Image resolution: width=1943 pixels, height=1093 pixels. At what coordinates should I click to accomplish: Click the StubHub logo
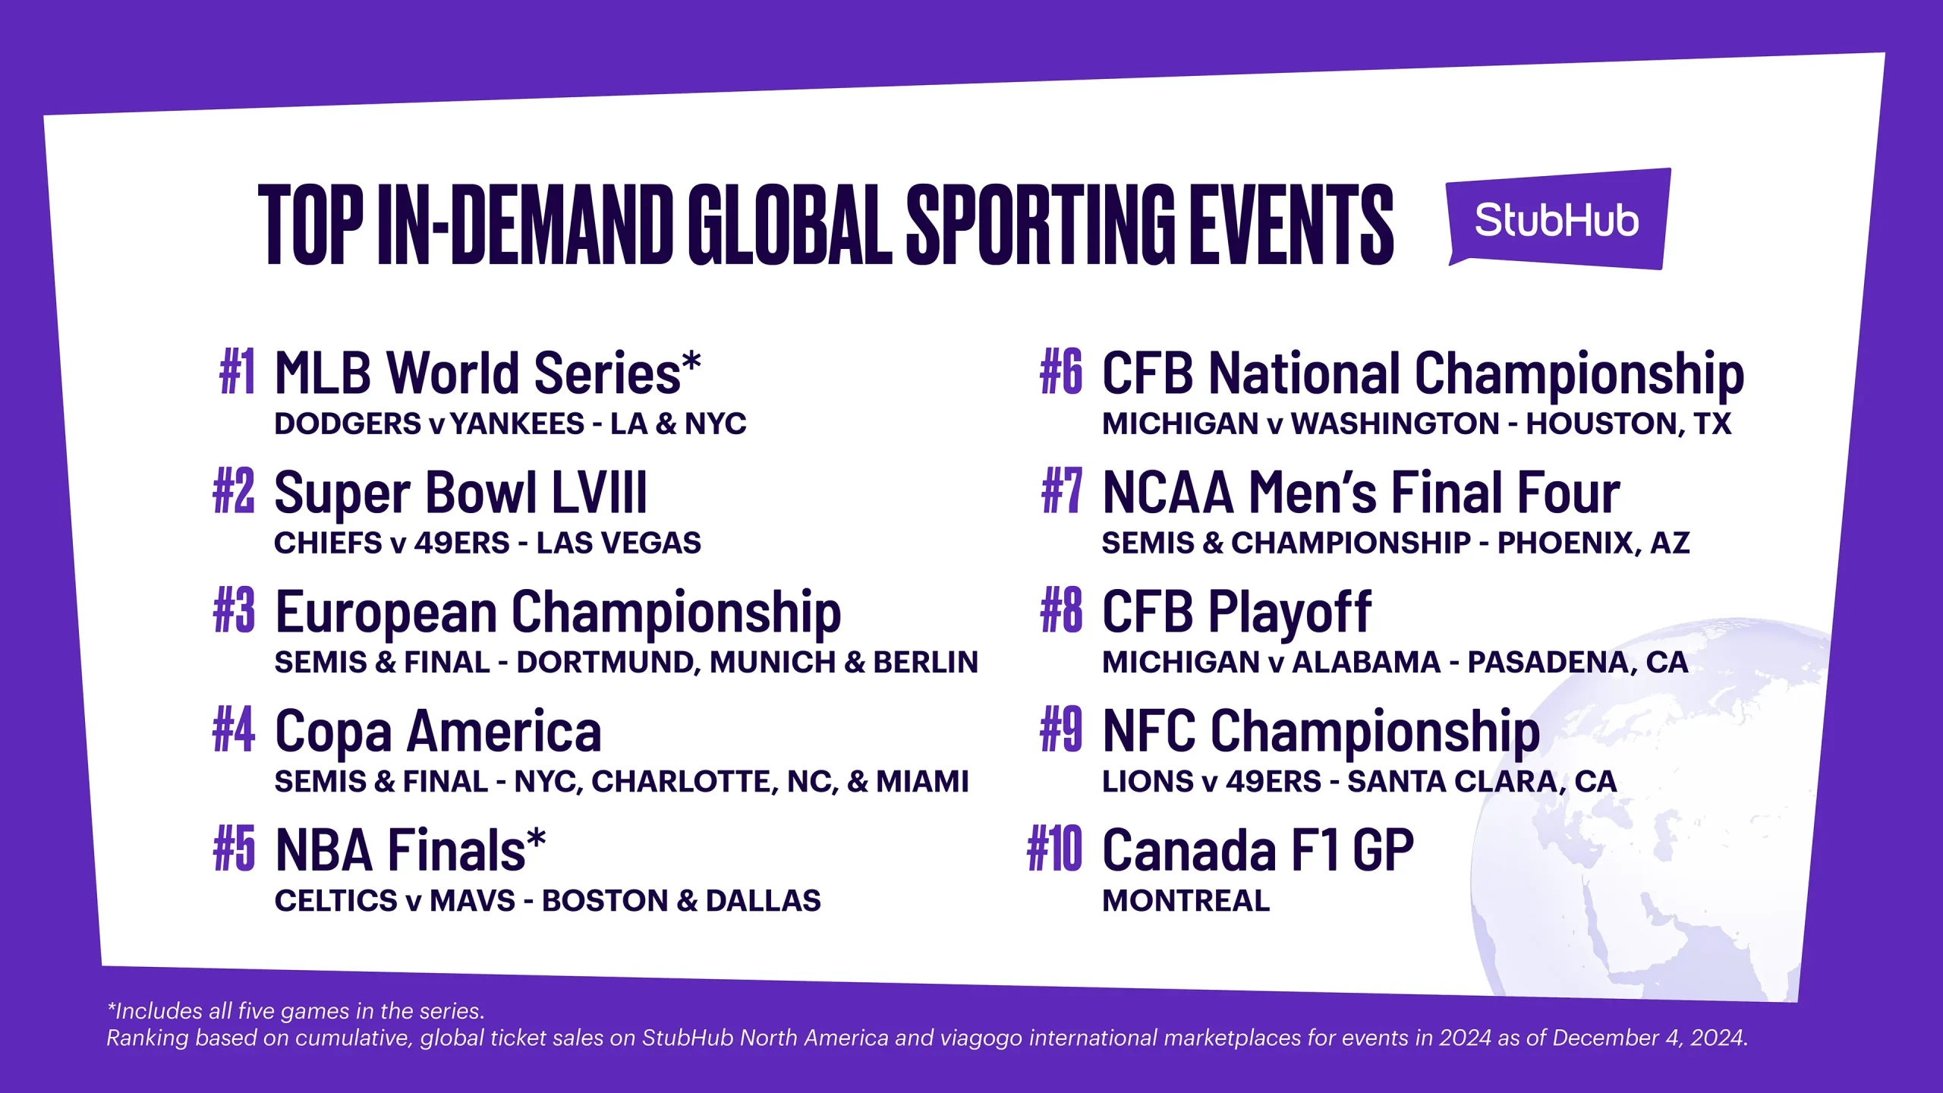pyautogui.click(x=1558, y=219)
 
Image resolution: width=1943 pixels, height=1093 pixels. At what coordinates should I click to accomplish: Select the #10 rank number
pyautogui.click(x=1054, y=849)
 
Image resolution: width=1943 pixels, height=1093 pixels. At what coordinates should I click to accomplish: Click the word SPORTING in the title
pyautogui.click(x=1041, y=225)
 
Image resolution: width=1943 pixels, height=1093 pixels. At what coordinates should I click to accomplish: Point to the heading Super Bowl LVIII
pyautogui.click(x=461, y=493)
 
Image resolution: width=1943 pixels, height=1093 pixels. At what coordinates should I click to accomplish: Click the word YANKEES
pyautogui.click(x=517, y=424)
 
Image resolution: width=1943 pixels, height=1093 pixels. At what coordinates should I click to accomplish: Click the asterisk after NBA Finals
pyautogui.click(x=536, y=839)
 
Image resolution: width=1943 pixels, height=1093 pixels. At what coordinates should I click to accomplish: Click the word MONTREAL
pyautogui.click(x=1186, y=901)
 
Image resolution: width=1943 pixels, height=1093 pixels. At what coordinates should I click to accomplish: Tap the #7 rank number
pyautogui.click(x=1062, y=491)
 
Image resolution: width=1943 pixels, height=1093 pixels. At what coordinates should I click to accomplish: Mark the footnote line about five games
pyautogui.click(x=295, y=1012)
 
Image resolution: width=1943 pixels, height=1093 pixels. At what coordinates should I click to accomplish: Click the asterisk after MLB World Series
pyautogui.click(x=691, y=362)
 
